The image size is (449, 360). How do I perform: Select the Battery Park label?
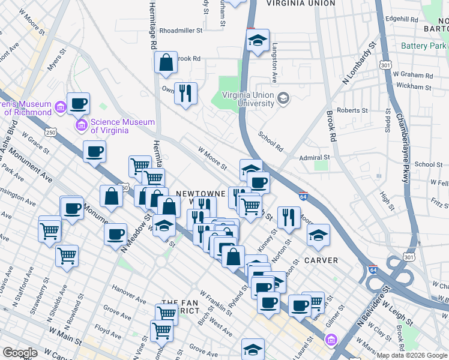pos(424,46)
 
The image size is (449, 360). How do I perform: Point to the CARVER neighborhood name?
pos(321,260)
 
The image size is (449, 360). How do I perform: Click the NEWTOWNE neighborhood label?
pos(200,194)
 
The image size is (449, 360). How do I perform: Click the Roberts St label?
pos(352,110)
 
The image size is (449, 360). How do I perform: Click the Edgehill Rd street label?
pos(402,19)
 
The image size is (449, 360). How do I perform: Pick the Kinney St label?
pos(268,239)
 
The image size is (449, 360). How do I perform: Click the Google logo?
pos(20,353)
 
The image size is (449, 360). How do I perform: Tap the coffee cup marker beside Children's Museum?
pos(78,104)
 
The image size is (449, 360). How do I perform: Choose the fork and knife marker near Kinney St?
pos(289,218)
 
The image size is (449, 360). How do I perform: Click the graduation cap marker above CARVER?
pos(318,235)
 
